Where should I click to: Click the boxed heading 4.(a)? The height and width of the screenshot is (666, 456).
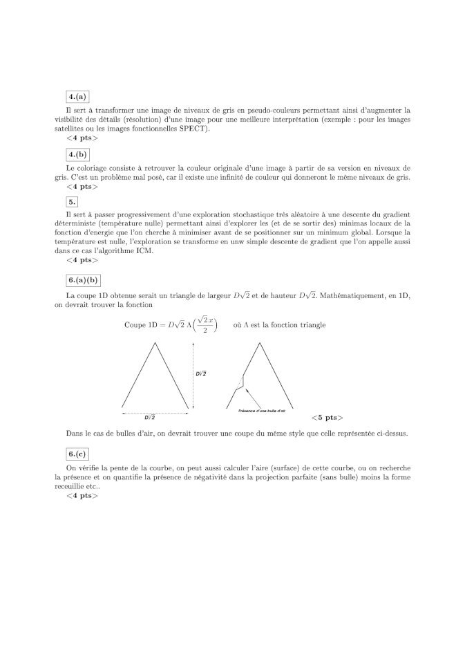(x=77, y=97)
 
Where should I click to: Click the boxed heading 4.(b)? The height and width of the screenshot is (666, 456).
(x=77, y=155)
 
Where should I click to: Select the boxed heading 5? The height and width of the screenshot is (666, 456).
(x=72, y=202)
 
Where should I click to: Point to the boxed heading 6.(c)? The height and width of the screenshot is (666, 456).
(x=77, y=454)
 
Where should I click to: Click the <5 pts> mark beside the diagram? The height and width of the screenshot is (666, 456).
(x=327, y=418)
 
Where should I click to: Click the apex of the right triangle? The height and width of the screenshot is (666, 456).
(x=261, y=344)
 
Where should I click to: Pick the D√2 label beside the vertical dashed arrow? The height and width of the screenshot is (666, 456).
(x=201, y=373)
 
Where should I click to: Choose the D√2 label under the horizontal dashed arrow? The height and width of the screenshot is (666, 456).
(x=150, y=418)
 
